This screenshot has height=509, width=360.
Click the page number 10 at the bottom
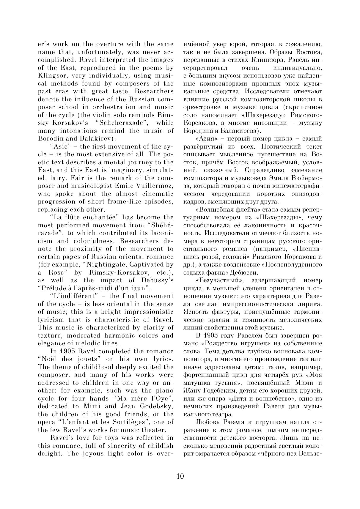[180, 476]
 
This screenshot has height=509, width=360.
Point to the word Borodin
[49, 138]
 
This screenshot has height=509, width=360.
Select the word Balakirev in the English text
[95, 138]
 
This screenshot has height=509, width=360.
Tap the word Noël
[45, 359]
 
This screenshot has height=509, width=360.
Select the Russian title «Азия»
[205, 138]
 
